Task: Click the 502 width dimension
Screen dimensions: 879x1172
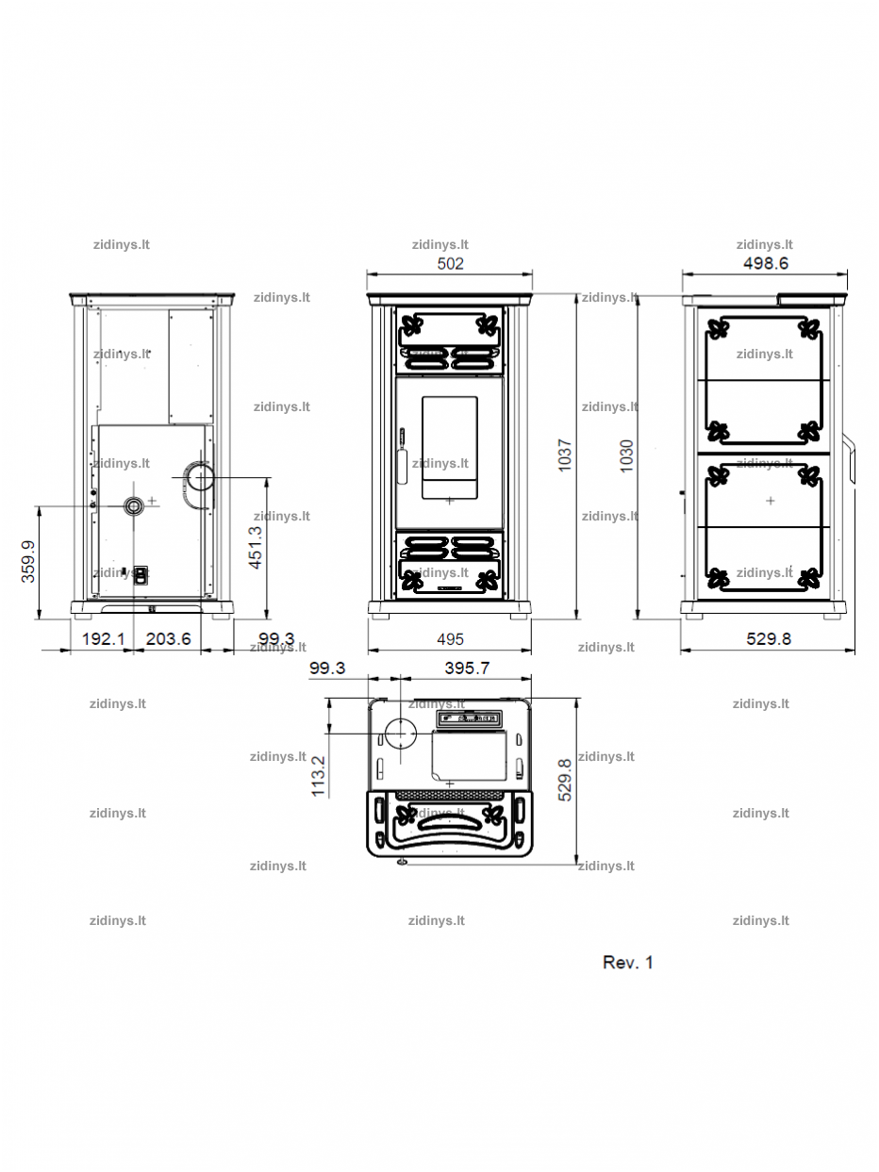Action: coord(450,264)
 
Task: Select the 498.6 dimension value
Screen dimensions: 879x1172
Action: coord(766,263)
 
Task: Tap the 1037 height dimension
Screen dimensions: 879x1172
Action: coord(565,454)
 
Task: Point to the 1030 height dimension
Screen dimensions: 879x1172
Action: coord(626,455)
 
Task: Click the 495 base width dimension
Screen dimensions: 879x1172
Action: coord(450,639)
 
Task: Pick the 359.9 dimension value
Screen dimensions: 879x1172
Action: coord(28,561)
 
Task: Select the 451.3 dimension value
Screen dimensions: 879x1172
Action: coord(256,547)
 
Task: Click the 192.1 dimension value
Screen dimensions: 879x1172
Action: coord(103,638)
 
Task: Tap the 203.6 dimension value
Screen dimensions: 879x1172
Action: coord(168,638)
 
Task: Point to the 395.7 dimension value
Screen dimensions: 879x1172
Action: coord(467,668)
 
